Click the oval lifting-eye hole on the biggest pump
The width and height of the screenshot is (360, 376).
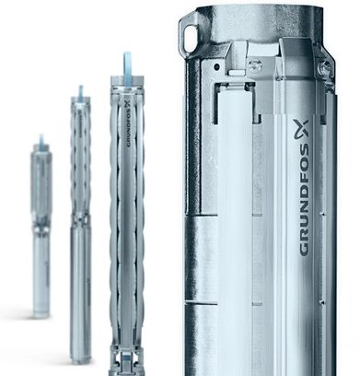coord(191,38)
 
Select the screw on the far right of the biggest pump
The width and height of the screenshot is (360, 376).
coord(326,66)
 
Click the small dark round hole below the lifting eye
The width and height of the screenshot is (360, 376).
coord(217,66)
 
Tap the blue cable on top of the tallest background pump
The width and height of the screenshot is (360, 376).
coord(127,66)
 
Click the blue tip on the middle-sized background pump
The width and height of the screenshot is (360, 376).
coord(81,91)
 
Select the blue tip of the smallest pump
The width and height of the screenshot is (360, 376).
coord(41,141)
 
